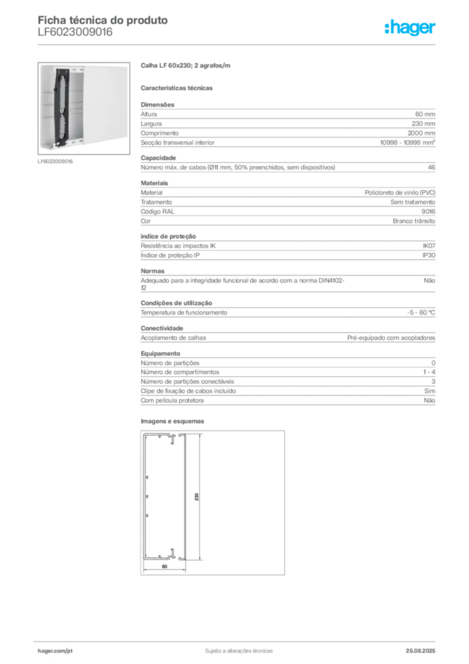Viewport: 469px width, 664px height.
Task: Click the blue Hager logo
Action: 411,28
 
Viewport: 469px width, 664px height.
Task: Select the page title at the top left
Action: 104,21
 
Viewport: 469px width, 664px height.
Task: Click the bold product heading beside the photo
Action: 187,66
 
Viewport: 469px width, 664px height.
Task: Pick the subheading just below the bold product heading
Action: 179,86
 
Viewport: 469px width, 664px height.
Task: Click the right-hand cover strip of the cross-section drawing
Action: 185,496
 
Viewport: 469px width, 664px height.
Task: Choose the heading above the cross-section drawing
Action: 174,420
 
